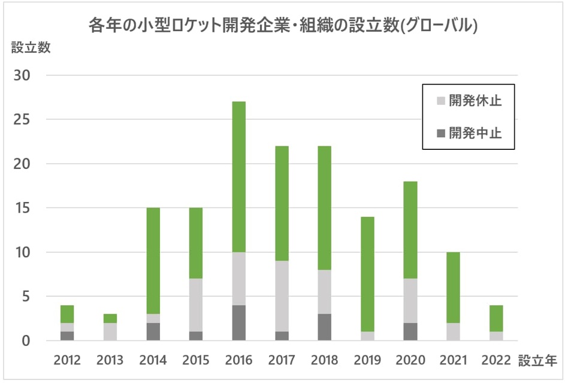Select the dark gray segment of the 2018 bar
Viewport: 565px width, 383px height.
coord(324,327)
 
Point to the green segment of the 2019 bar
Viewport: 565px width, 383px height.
coord(367,274)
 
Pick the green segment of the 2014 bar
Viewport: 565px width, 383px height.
coord(153,261)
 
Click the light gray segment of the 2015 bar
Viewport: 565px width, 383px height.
coord(196,304)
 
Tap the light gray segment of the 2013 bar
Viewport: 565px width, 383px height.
coord(110,331)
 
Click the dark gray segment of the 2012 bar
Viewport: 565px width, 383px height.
coord(68,336)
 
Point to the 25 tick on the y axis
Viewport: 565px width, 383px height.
coord(29,120)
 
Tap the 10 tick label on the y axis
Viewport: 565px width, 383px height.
coord(29,252)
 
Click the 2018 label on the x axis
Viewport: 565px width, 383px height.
coord(324,360)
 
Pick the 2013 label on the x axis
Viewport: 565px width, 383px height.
coord(110,360)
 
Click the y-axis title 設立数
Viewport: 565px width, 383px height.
coord(31,49)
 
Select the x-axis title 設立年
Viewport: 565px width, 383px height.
coord(537,361)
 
